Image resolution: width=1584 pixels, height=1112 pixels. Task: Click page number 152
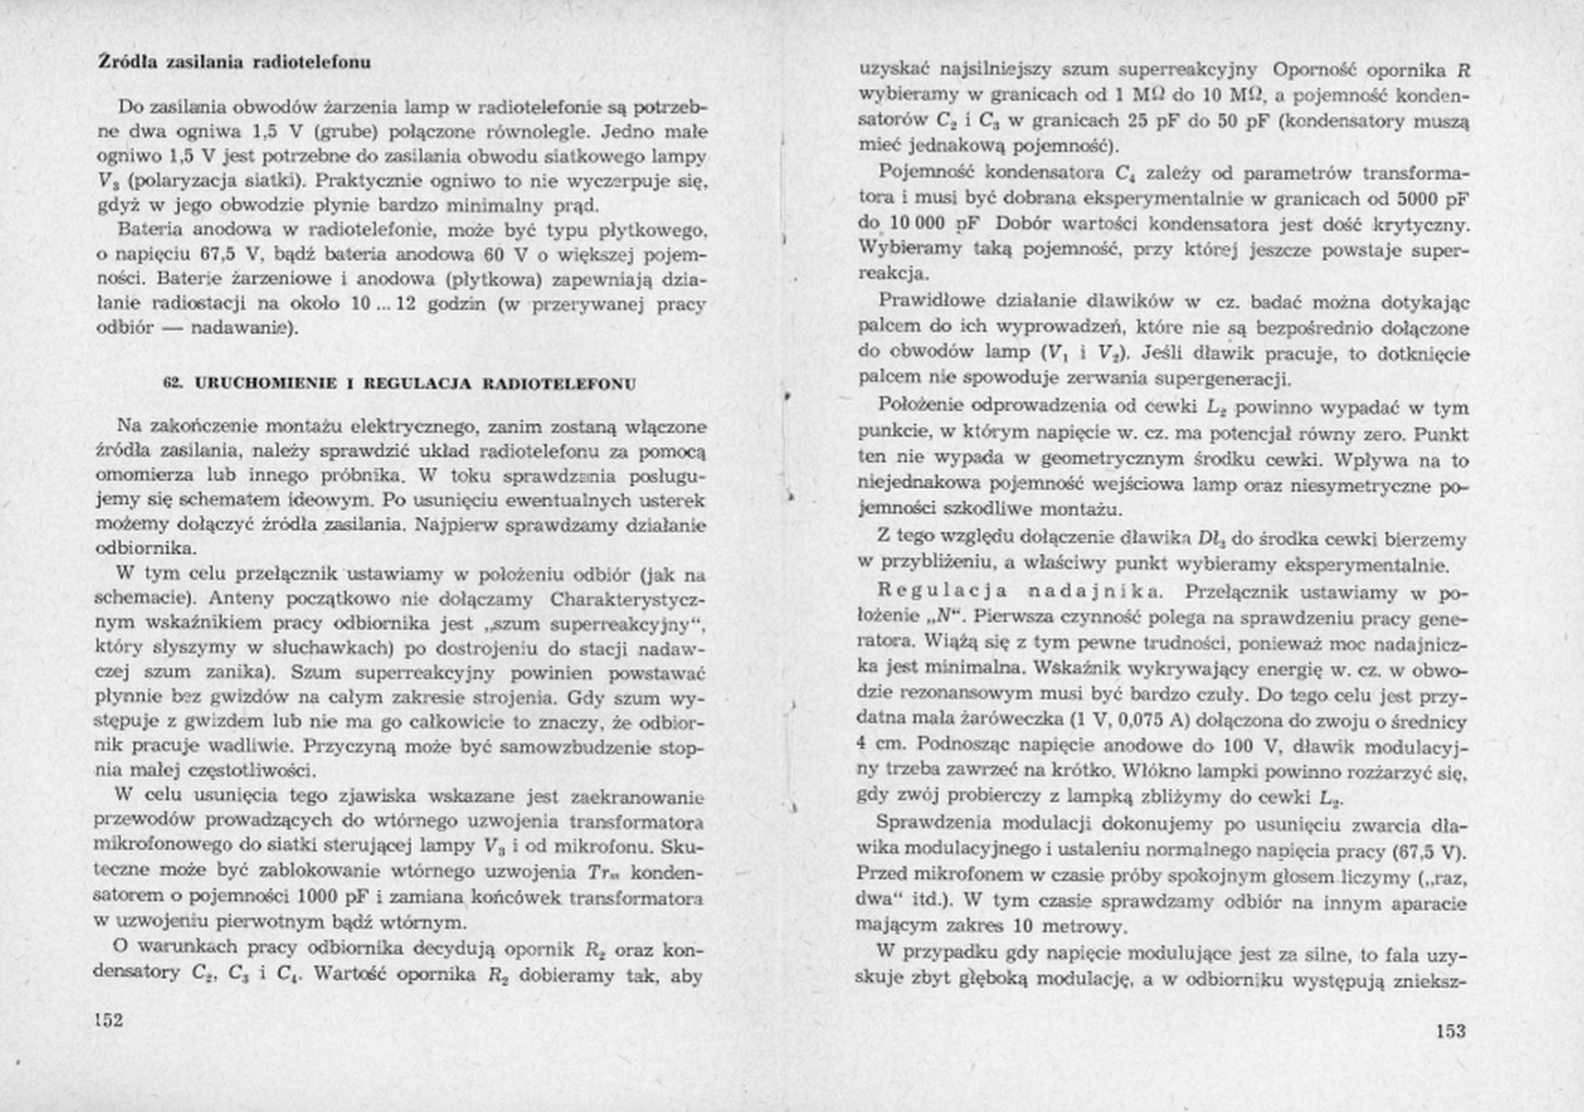[108, 1020]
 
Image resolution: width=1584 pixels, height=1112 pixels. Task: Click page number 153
[1450, 1030]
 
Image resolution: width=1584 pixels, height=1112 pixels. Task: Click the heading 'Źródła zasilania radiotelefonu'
[234, 62]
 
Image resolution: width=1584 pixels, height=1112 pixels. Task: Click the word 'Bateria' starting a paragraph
[150, 228]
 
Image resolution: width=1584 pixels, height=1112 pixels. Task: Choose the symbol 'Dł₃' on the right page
[1212, 539]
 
